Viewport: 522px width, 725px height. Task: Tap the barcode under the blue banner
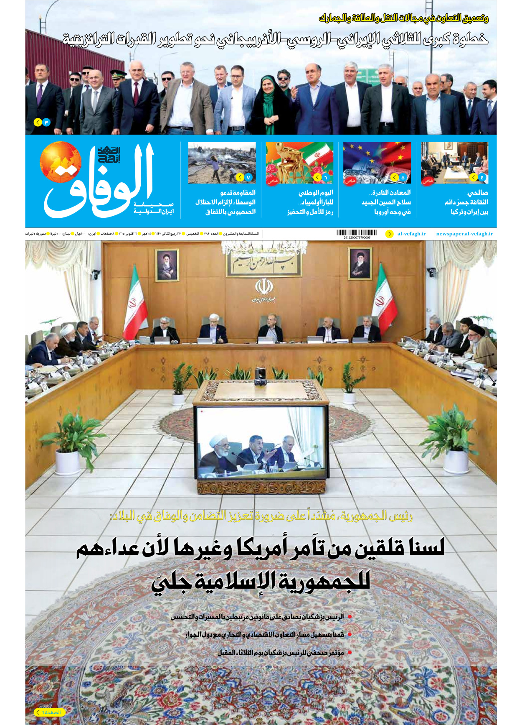coord(356,233)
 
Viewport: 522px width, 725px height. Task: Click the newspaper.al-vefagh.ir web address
coord(464,234)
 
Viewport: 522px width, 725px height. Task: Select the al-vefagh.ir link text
coord(411,234)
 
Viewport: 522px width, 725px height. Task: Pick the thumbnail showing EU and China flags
coord(377,163)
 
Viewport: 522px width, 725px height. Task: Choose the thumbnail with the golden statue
coord(299,163)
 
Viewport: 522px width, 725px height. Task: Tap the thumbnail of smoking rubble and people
coord(222,163)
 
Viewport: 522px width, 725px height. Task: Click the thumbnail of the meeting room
coord(454,163)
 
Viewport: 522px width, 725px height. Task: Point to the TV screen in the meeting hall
coord(261,442)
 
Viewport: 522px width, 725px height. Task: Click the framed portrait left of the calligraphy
coord(167,265)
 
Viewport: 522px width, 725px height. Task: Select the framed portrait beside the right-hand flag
coord(360,264)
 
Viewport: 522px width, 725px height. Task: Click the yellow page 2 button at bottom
coord(50,712)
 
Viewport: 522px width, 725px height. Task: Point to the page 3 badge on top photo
coord(42,122)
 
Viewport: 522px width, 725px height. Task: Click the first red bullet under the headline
coord(350,617)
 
